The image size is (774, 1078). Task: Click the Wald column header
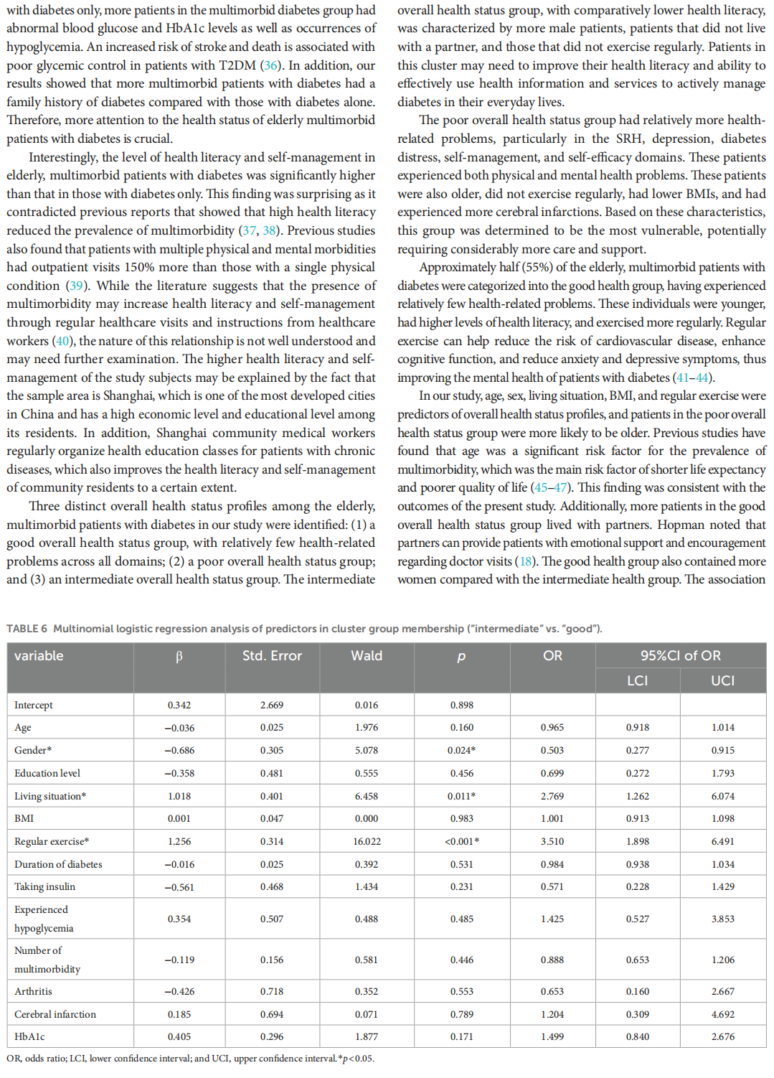pos(367,655)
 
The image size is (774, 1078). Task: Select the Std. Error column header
pos(272,655)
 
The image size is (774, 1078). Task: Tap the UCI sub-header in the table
pos(722,680)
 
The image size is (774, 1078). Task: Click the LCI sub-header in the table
pos(637,680)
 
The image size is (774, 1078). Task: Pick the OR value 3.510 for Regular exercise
pos(552,841)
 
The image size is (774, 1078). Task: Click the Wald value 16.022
pos(367,841)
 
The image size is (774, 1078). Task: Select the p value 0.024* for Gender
pos(461,750)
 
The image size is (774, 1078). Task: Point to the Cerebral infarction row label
pos(55,1014)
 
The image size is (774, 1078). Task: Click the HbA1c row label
pos(29,1036)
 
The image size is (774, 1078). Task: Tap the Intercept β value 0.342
pos(179,705)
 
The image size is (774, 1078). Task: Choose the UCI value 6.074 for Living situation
pos(723,796)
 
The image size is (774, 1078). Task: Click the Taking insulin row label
pos(44,886)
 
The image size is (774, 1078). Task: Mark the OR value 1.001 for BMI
pos(552,818)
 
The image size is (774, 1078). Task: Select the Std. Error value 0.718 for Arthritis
pos(272,991)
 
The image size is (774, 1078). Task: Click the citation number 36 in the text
pos(270,65)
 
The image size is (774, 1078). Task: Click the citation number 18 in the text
pos(527,561)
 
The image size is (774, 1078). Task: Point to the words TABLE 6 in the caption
pos(27,629)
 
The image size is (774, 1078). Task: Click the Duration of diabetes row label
pos(58,864)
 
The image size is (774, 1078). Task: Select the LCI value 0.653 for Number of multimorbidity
pos(637,960)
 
